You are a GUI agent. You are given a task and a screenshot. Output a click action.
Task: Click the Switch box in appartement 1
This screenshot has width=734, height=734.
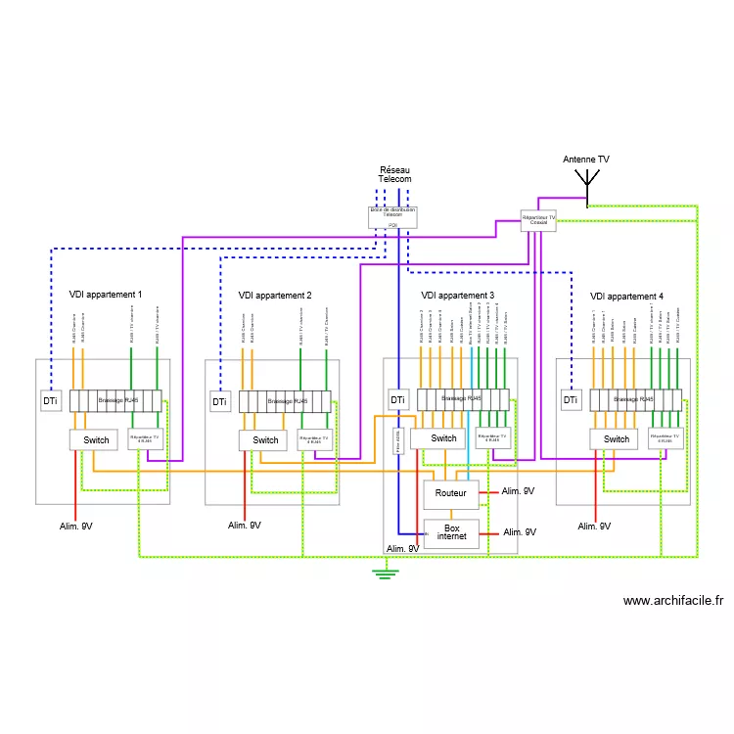click(95, 439)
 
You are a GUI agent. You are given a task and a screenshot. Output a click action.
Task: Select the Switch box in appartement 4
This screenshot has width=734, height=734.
click(616, 439)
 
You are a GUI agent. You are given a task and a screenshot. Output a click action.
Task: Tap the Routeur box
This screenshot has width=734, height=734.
click(450, 495)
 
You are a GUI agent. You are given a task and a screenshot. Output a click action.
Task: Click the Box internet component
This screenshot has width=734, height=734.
click(451, 532)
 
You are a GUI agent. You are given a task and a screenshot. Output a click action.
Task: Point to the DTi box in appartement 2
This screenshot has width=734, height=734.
click(219, 401)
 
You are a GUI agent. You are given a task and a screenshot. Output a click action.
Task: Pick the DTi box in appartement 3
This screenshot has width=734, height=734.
click(397, 399)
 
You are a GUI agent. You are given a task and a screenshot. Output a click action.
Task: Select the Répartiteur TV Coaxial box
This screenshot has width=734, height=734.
click(538, 220)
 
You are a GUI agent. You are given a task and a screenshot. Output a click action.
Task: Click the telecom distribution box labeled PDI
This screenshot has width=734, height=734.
click(392, 216)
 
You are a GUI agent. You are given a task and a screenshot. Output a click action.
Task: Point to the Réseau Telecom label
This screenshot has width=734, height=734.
click(394, 174)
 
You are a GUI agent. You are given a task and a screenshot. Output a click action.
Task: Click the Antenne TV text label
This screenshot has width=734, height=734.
click(586, 159)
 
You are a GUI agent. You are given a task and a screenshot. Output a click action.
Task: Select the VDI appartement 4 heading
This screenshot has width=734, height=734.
click(626, 296)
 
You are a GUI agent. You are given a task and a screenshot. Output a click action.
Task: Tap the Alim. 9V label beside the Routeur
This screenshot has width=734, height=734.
click(518, 492)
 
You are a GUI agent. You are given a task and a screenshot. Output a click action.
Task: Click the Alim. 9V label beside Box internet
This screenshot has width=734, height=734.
click(520, 532)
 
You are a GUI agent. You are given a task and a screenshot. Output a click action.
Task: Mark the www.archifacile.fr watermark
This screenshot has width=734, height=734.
click(672, 601)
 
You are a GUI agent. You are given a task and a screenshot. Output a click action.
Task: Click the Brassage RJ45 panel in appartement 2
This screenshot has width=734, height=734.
click(285, 400)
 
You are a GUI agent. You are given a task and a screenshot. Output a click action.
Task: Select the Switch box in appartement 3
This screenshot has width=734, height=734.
click(443, 437)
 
